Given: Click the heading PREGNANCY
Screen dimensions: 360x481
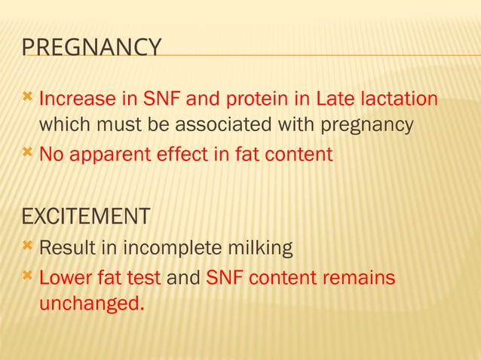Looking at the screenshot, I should [91, 47].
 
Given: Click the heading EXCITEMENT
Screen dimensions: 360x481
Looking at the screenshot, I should [85, 217].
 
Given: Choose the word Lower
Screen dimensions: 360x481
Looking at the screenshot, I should [66, 278].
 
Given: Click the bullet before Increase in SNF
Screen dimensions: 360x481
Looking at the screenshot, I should [27, 98].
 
